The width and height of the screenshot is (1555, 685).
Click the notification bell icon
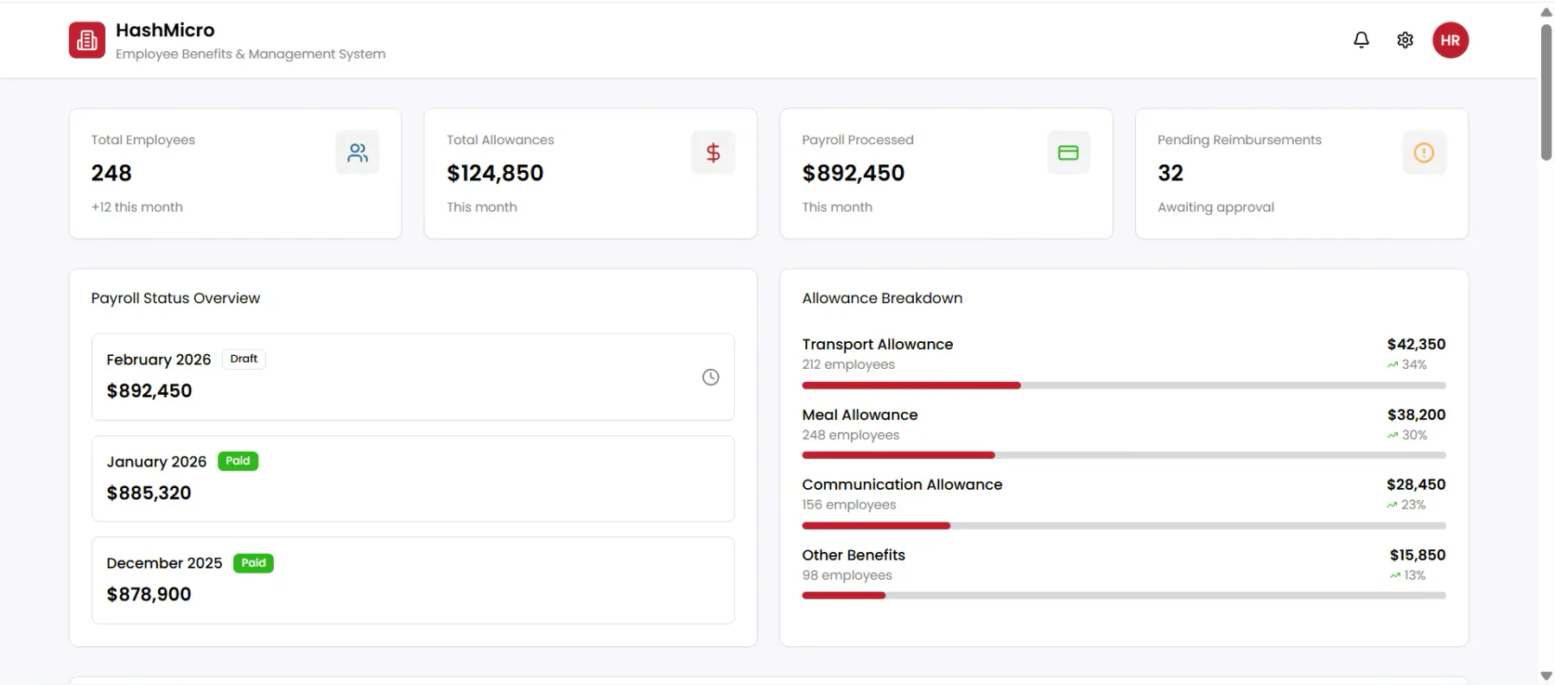click(x=1361, y=40)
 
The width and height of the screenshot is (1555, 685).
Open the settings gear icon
click(x=1406, y=40)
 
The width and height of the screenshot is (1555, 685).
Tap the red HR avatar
click(x=1450, y=40)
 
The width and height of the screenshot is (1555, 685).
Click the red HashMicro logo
click(x=87, y=40)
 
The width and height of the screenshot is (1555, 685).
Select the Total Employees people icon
click(x=358, y=153)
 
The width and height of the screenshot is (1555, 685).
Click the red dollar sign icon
click(x=713, y=153)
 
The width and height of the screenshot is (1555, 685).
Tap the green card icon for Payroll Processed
click(x=1069, y=153)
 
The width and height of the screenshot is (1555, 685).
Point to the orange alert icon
click(x=1424, y=153)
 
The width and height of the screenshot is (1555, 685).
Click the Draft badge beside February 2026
click(x=244, y=359)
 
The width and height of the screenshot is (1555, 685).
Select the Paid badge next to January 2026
click(x=238, y=461)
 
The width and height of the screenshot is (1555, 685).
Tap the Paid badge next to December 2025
click(x=253, y=563)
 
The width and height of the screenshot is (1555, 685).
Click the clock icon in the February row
click(x=711, y=377)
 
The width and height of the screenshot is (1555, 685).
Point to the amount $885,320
click(x=149, y=493)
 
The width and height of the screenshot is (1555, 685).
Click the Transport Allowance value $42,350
click(x=1416, y=344)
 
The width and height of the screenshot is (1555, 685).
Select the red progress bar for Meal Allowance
click(x=898, y=455)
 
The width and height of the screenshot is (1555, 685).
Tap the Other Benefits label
click(x=854, y=555)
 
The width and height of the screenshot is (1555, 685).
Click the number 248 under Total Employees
click(x=111, y=174)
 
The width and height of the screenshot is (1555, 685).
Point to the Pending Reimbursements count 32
click(x=1171, y=174)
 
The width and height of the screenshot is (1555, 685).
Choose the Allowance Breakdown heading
click(x=882, y=298)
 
